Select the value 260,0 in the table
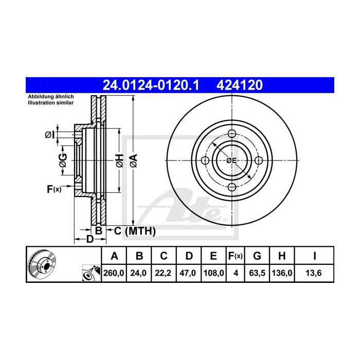[x=115, y=274]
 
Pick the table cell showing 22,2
[x=164, y=274]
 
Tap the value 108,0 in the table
[x=213, y=274]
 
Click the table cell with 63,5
[x=257, y=274]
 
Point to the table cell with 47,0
[x=188, y=274]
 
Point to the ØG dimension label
[x=62, y=161]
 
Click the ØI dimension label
[x=49, y=135]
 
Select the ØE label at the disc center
[x=231, y=161]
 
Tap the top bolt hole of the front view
[x=231, y=134]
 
